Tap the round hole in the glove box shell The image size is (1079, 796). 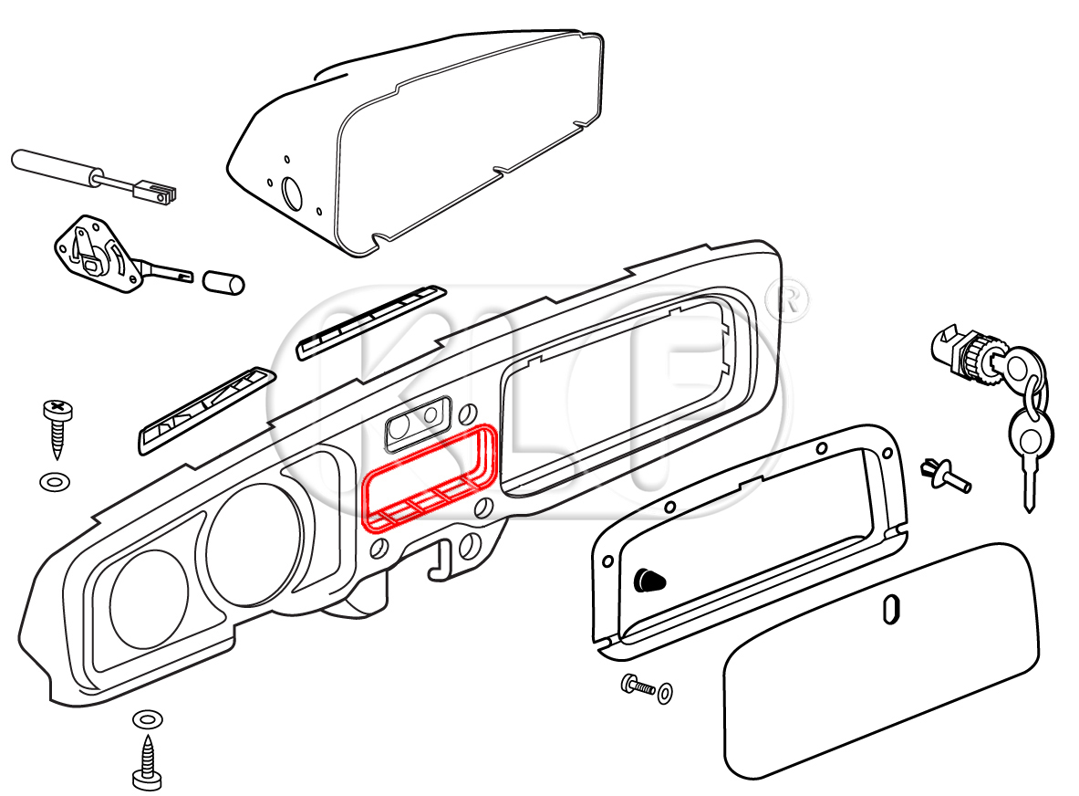coord(293,194)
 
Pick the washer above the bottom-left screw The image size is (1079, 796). coord(145,719)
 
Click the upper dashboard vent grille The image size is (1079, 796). coord(370,321)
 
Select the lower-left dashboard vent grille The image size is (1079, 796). coord(206,410)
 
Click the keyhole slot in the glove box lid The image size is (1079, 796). coord(892,609)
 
